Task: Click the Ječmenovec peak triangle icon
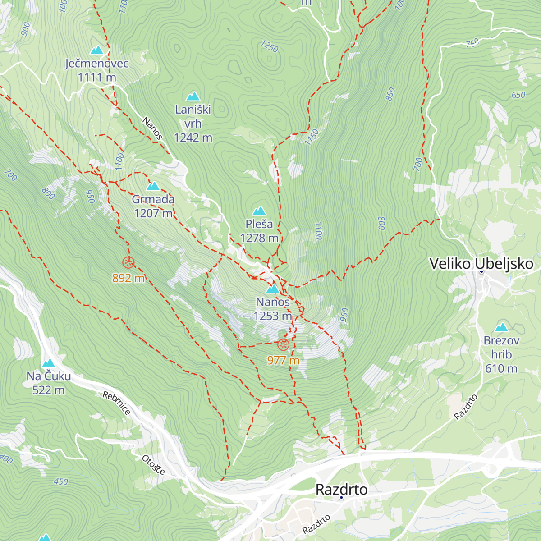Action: point(96,50)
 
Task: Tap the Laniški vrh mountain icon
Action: point(193,96)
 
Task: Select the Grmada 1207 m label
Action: point(153,206)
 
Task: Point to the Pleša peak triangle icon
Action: point(259,211)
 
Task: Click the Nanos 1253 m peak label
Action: point(273,309)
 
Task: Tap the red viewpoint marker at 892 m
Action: point(128,262)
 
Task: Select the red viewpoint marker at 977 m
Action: point(283,345)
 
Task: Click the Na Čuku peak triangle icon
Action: point(48,363)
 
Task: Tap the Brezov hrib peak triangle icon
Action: point(501,328)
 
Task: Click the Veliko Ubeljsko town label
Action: point(481,264)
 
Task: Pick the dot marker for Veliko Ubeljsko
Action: point(481,272)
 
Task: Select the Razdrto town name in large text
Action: point(341,489)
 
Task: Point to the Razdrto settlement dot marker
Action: point(341,498)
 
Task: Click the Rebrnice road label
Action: point(116,403)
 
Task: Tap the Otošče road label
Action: point(153,465)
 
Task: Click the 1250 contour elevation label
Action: point(270,46)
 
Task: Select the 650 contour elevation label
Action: point(518,95)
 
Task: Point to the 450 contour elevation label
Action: point(61,481)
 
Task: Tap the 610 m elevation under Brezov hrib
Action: point(501,369)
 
